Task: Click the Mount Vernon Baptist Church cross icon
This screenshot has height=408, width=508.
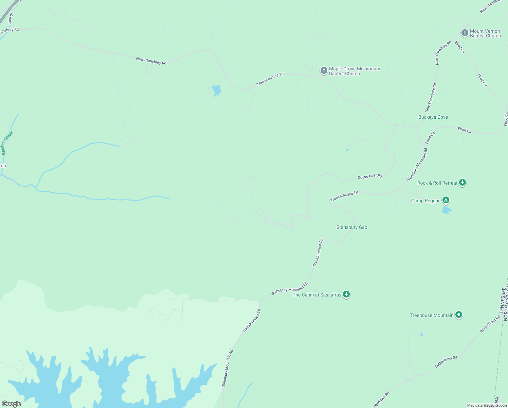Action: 465,33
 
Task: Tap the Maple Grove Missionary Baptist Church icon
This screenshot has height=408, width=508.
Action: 324,71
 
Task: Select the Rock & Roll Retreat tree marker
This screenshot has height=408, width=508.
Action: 462,183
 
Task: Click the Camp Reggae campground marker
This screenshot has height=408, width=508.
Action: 446,200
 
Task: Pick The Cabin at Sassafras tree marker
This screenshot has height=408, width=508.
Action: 346,294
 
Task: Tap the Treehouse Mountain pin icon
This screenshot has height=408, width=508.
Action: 458,315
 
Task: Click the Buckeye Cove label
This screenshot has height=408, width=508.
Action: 433,117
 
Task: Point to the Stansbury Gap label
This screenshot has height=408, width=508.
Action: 351,227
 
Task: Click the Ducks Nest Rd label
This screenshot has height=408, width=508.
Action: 369,176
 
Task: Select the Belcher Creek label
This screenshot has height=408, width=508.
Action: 7,143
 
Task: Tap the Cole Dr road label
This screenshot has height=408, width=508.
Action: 10,18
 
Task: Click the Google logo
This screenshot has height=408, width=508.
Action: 11,404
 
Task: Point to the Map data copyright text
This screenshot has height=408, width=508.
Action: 487,405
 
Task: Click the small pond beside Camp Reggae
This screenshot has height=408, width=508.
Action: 447,210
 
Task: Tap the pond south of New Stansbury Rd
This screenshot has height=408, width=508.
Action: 216,90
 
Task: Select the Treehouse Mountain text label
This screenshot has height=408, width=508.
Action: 431,315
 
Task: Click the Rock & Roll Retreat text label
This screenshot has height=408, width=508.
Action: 437,183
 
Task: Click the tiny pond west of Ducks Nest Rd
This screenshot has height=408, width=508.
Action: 347,150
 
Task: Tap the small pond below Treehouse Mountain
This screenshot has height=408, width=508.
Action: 422,334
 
